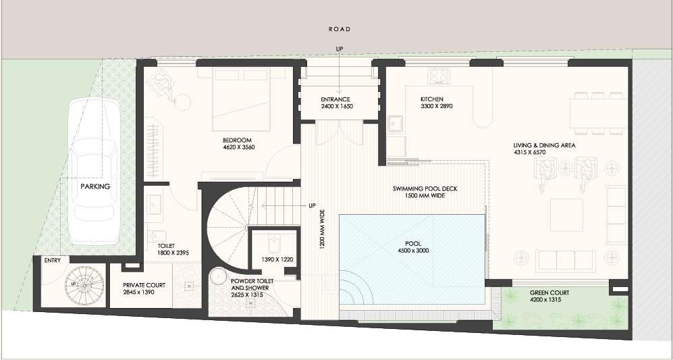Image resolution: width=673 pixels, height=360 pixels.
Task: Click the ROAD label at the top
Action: point(340,29)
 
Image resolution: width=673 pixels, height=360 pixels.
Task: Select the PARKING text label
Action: point(95,186)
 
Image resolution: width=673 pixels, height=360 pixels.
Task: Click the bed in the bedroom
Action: point(241,100)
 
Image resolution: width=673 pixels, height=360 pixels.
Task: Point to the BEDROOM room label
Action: point(237,140)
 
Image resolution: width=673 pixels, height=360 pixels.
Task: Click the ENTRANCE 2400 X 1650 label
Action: point(337,103)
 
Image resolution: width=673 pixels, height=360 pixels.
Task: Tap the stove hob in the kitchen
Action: point(439,76)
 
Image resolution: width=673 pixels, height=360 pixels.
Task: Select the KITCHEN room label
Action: point(432,99)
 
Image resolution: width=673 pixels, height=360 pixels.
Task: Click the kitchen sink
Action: point(395,124)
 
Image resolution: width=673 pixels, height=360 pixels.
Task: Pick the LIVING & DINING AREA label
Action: point(544,145)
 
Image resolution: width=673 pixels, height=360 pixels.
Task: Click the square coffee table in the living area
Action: point(566,215)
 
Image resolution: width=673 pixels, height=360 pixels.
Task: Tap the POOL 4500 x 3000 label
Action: point(413,247)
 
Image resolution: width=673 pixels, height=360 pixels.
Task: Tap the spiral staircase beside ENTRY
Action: point(84,284)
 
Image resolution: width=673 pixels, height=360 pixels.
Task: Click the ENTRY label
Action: point(53,260)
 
